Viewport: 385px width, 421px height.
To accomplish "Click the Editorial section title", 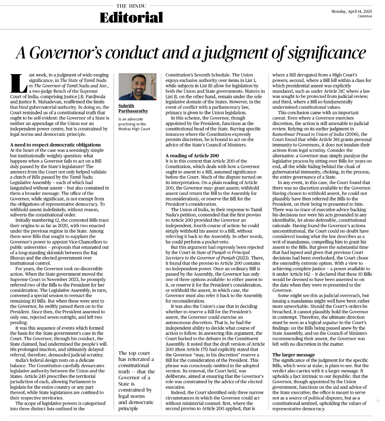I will coord(131,18).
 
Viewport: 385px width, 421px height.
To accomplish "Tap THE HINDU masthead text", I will coord(131,6).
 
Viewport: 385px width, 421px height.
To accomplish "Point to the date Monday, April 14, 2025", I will coord(351,11).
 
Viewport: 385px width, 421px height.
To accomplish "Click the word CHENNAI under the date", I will coord(365,16).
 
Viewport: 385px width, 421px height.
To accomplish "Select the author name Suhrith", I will coord(126,106).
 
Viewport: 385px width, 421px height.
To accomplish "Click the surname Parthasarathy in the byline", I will coord(133,111).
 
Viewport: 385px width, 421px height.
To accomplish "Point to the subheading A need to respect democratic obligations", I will coord(56,145).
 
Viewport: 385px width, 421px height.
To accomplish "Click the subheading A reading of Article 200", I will coord(192,156).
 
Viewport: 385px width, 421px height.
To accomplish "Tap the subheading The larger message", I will coord(294,355).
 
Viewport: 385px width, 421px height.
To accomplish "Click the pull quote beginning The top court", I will coord(136,381).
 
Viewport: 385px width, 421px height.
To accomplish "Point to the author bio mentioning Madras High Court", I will coord(134,124).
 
